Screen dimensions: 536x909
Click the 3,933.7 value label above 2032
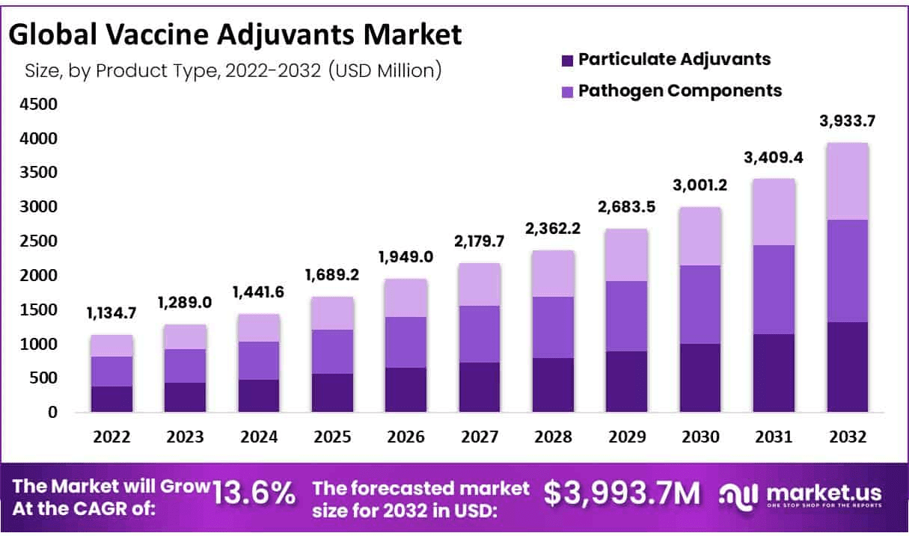coord(847,120)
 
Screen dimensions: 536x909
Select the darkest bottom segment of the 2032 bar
coord(848,366)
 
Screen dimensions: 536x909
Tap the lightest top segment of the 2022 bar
coord(111,345)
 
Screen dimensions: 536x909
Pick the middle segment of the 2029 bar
coord(626,316)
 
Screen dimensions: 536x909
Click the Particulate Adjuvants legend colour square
coord(566,59)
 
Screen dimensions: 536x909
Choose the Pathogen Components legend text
coord(680,90)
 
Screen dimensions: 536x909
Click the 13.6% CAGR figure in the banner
coord(254,493)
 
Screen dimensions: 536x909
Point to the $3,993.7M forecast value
coord(622,493)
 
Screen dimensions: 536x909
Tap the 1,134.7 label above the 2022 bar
coord(111,314)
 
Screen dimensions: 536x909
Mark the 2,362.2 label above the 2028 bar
coord(553,228)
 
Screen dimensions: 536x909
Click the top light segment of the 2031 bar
coord(774,212)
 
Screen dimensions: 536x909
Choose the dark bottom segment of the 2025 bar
coord(333,392)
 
